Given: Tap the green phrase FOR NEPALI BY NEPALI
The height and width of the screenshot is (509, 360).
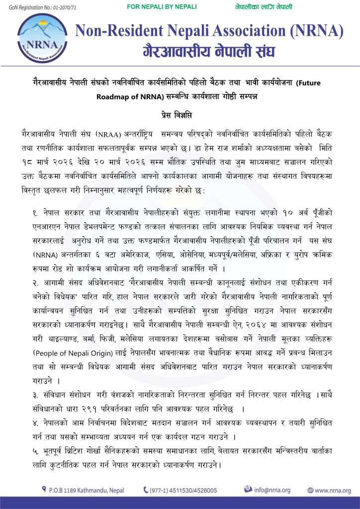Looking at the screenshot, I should pyautogui.click(x=162, y=6).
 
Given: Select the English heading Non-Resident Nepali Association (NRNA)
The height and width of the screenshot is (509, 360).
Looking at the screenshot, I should pyautogui.click(x=209, y=31).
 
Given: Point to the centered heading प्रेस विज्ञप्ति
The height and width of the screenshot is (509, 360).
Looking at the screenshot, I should pyautogui.click(x=180, y=114).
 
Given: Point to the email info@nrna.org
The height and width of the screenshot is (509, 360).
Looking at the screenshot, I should pyautogui.click(x=272, y=490).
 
